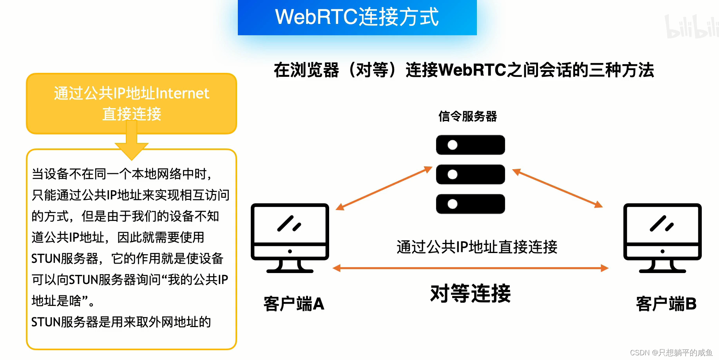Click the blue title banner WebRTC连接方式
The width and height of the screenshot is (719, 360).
[x=357, y=17]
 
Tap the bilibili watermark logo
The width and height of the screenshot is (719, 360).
[x=692, y=27]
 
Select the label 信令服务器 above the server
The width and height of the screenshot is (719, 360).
[x=467, y=116]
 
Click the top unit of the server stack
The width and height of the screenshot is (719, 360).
[x=470, y=145]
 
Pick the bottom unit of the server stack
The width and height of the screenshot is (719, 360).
[x=470, y=204]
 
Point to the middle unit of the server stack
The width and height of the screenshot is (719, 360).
[x=470, y=174]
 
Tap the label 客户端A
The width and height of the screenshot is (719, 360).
[x=294, y=304]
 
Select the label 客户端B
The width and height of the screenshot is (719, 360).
[x=666, y=304]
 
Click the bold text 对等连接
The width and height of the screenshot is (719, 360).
[x=470, y=293]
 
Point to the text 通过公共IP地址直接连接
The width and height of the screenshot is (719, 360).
[x=477, y=247]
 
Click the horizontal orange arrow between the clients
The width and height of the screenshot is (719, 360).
[x=470, y=268]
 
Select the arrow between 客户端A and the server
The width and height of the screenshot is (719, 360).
[x=384, y=188]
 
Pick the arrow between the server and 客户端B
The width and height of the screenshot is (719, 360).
[x=557, y=188]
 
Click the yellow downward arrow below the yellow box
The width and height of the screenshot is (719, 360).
[x=132, y=145]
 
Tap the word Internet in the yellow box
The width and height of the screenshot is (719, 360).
[x=182, y=94]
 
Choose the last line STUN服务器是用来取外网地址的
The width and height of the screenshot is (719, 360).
[x=121, y=322]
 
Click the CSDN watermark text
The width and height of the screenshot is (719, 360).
[x=671, y=353]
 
